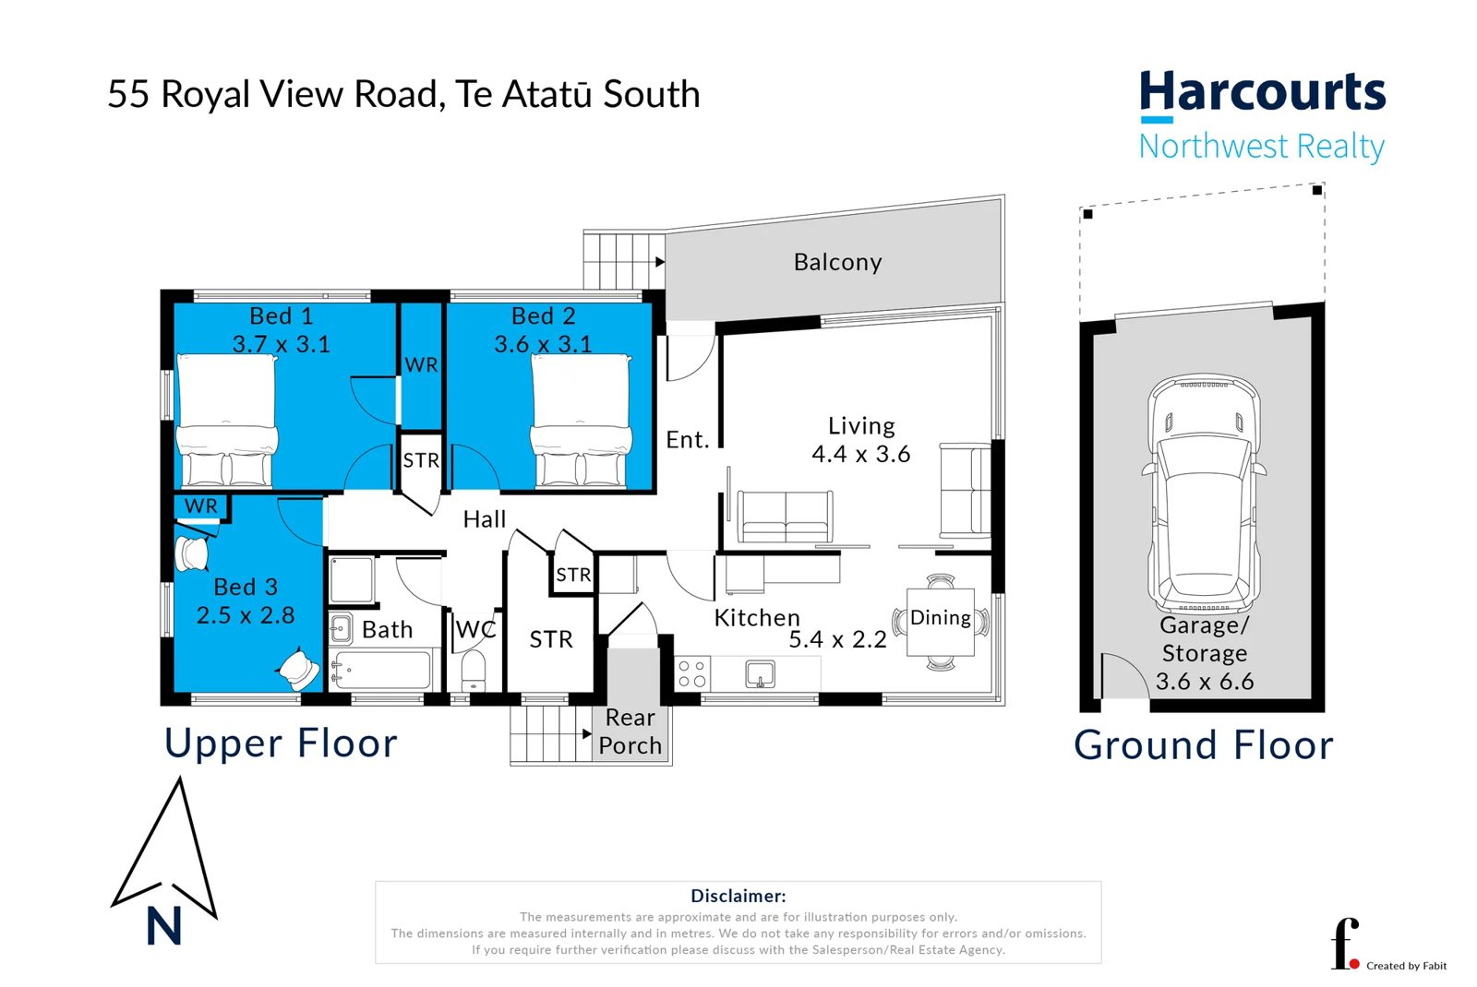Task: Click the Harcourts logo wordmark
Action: [1262, 91]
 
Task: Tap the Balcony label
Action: [837, 262]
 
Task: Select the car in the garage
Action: [1204, 494]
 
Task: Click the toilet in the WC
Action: [474, 671]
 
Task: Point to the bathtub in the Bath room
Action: [381, 670]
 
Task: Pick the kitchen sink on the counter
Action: [760, 674]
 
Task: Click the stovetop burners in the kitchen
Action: [691, 673]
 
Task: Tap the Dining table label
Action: [941, 617]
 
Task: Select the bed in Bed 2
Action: [581, 421]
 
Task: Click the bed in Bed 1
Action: [226, 421]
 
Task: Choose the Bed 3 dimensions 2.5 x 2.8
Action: [246, 614]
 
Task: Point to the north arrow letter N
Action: [163, 926]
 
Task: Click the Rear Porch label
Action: [630, 731]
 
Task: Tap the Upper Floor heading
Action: [281, 743]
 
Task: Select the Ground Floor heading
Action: [1204, 745]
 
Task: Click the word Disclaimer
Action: [738, 896]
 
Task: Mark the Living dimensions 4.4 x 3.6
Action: [861, 454]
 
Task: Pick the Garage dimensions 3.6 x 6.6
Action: [1205, 682]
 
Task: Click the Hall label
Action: [484, 519]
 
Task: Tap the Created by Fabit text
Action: [1407, 966]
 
